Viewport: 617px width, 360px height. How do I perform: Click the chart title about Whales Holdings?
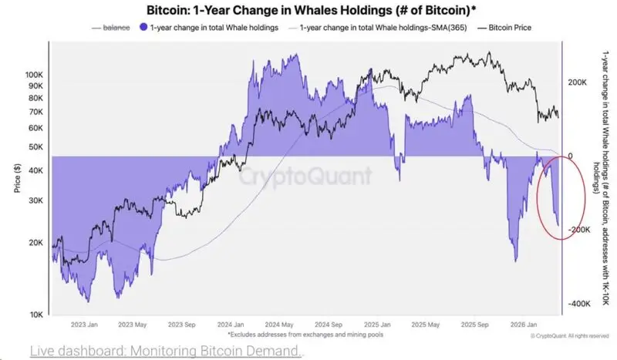click(308, 10)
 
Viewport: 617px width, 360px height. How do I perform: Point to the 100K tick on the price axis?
click(34, 75)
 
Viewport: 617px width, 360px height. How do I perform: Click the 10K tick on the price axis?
click(36, 315)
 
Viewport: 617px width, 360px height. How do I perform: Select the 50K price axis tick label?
click(36, 146)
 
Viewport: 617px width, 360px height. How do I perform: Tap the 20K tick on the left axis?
click(36, 242)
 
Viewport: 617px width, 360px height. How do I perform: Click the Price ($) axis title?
click(16, 178)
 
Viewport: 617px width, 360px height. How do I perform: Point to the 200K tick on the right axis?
click(578, 82)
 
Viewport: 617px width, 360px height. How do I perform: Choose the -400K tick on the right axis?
click(580, 304)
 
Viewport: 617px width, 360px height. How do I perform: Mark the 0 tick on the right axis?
click(571, 156)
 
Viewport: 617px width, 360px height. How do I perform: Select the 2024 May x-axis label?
click(278, 325)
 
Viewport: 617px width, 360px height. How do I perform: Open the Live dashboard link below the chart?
click(167, 351)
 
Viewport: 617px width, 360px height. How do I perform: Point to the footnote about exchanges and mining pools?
click(305, 335)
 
